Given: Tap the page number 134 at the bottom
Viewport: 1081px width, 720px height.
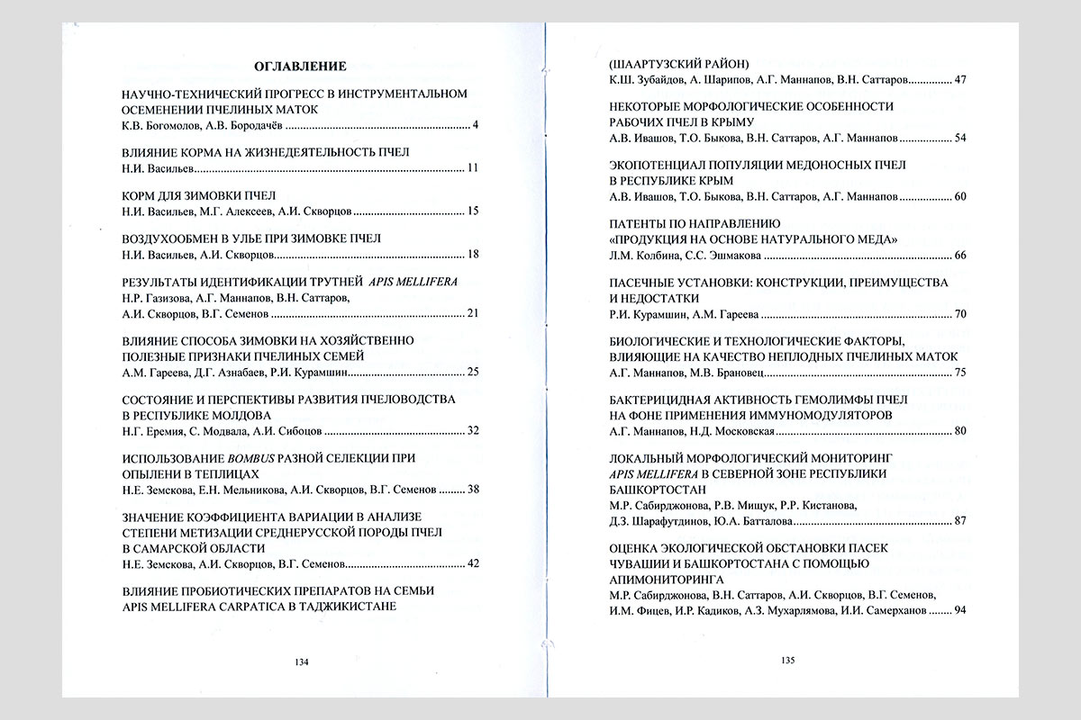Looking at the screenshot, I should (x=302, y=662).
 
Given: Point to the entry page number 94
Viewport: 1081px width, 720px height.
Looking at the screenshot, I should (x=959, y=611).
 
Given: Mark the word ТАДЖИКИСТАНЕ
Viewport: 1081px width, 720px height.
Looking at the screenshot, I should (x=347, y=606).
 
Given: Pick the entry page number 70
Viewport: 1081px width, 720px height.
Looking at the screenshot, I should (x=959, y=315).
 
